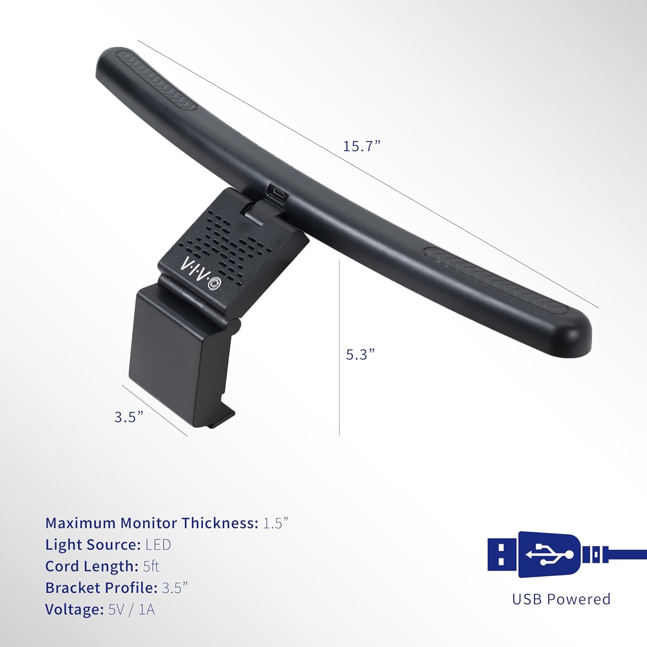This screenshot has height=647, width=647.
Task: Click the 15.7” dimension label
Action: tap(362, 146)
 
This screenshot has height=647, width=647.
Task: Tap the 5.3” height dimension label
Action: tap(361, 354)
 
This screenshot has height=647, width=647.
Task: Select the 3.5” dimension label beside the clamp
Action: tap(129, 417)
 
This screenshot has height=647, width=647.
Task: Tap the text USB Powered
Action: tap(561, 599)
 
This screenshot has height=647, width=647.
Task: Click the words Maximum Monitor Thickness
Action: tap(152, 523)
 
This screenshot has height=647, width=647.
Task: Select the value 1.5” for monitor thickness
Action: tap(276, 523)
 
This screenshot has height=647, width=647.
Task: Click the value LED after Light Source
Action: tap(158, 544)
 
